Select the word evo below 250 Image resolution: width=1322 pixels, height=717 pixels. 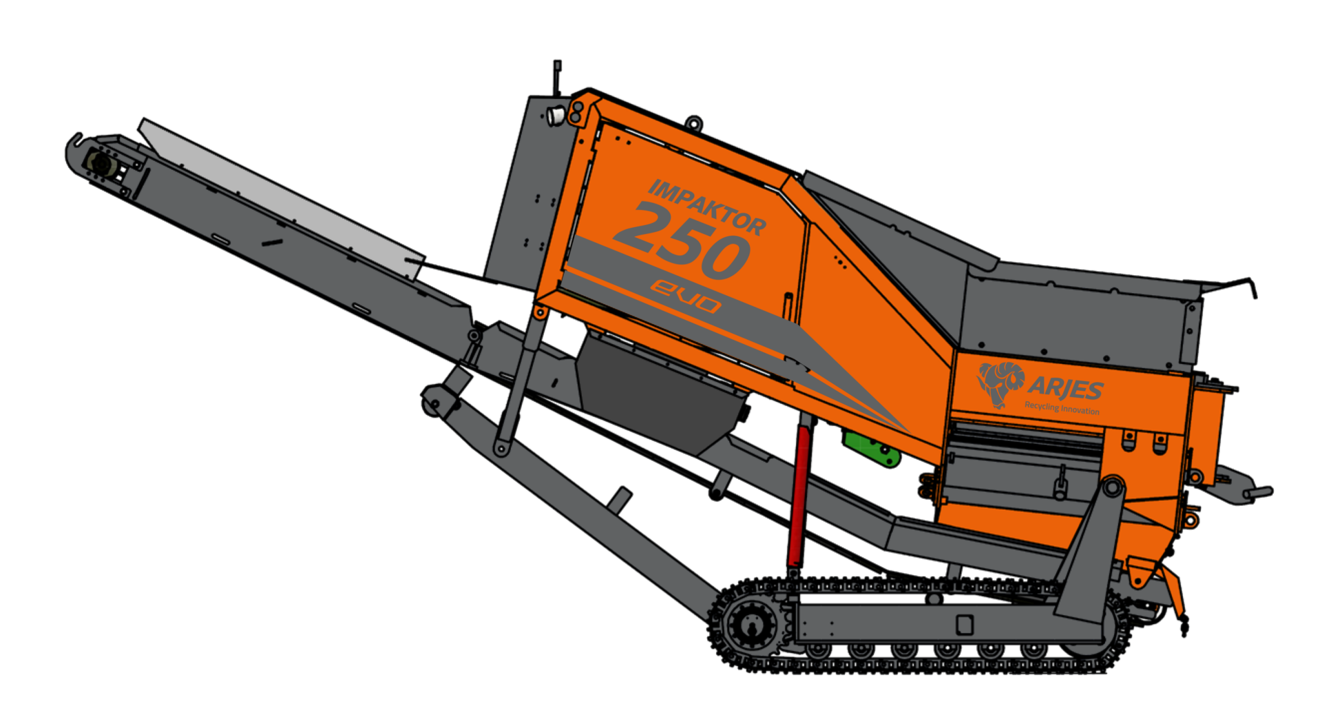point(686,295)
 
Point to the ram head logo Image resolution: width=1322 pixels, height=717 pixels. point(1000,383)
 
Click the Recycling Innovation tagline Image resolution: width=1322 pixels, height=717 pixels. point(1062,408)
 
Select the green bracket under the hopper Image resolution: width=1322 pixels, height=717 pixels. point(872,447)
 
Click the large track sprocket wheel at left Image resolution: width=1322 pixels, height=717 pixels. point(751,625)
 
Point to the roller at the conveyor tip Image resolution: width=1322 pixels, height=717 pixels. point(101,165)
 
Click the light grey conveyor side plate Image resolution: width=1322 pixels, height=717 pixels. point(282,200)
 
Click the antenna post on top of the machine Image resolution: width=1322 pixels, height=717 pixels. point(557,76)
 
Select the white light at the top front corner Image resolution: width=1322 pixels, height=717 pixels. point(555,116)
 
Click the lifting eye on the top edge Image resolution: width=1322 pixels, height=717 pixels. point(693,123)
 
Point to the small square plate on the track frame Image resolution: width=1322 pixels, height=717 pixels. point(965,625)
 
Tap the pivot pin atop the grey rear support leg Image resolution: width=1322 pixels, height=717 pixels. point(1112,487)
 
